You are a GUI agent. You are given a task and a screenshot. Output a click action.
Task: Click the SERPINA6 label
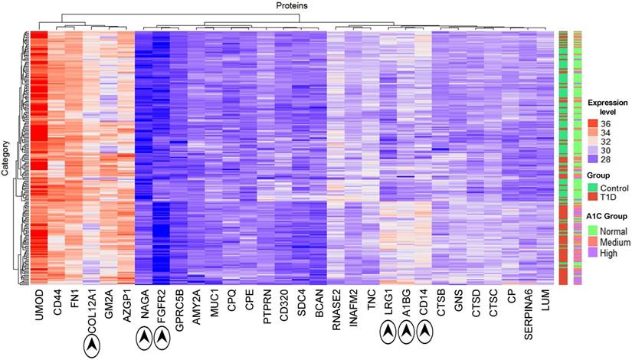pyautogui.click(x=528, y=313)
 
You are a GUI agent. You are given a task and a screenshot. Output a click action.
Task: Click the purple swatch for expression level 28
pyautogui.click(x=592, y=161)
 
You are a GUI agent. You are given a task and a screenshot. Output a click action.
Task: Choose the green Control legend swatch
pyautogui.click(x=592, y=188)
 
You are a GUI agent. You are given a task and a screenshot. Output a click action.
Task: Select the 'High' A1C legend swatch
pyautogui.click(x=592, y=252)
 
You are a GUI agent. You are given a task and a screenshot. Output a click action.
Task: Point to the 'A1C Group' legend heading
pyautogui.click(x=607, y=215)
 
